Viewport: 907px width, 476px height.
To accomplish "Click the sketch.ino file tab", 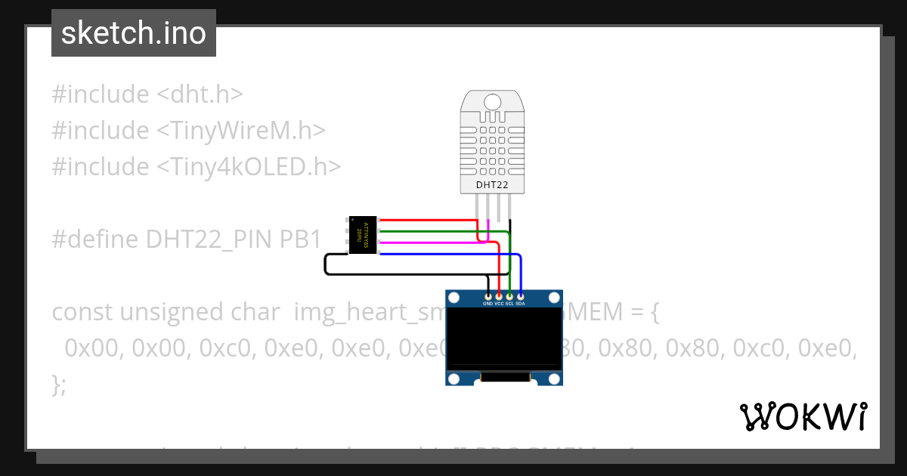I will click(x=133, y=33).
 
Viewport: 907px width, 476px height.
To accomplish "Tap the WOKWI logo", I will click(x=803, y=416).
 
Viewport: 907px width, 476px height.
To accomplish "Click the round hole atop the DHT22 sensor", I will click(x=492, y=102).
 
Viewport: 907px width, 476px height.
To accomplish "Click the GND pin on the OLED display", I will click(x=488, y=296).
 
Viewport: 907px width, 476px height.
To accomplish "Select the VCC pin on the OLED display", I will click(x=499, y=296).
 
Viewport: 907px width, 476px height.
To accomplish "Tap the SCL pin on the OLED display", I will click(x=509, y=296).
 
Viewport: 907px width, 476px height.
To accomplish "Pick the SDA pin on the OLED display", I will click(x=520, y=296).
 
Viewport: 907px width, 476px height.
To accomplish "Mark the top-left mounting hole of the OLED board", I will click(x=454, y=298).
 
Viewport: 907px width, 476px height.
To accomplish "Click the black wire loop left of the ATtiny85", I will click(x=327, y=264).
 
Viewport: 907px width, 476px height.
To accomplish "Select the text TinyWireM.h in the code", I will click(x=241, y=131).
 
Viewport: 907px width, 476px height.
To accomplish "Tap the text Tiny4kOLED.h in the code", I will click(x=249, y=166).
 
